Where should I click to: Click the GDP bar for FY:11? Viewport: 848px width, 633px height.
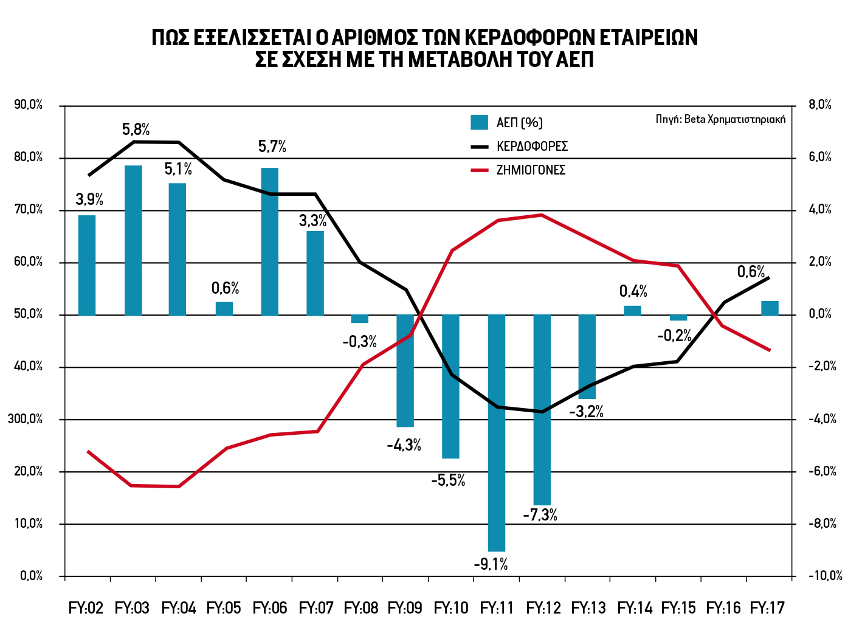click(497, 432)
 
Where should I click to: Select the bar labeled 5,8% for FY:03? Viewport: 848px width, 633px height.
click(133, 240)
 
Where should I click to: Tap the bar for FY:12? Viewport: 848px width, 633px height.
click(542, 409)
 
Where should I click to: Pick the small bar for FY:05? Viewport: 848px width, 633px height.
click(224, 308)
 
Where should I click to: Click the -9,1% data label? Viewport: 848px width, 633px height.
click(491, 564)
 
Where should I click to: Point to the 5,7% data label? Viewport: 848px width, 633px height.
click(272, 147)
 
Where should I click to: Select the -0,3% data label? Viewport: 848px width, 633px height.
click(359, 342)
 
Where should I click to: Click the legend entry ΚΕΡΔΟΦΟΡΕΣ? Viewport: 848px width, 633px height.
click(532, 147)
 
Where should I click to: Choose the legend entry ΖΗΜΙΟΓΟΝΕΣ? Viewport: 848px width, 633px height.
click(531, 170)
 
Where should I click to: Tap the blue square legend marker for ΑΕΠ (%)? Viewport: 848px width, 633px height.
click(479, 122)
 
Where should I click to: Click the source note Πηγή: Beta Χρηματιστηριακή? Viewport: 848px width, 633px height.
click(720, 119)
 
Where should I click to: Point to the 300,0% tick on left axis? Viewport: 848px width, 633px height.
click(29, 419)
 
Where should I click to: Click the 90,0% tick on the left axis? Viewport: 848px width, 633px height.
click(29, 105)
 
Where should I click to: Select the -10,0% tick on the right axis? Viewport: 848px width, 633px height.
click(825, 576)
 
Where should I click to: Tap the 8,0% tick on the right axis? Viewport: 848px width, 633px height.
click(820, 105)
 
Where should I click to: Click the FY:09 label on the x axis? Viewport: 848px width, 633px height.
click(405, 608)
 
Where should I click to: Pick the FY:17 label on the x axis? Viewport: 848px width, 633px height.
click(768, 608)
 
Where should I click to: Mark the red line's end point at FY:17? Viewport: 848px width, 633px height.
click(770, 350)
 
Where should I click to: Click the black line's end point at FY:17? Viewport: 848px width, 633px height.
click(770, 277)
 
